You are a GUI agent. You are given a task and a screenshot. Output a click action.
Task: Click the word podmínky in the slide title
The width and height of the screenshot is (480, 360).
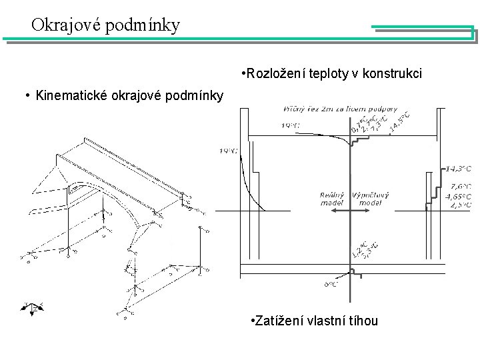tap(145, 26)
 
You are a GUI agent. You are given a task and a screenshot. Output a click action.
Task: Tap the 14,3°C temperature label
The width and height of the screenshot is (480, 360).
tap(458, 168)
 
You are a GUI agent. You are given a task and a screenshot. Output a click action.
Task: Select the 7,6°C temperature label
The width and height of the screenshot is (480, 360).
tap(461, 187)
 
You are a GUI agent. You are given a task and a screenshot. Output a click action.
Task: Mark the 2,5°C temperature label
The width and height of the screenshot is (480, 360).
tap(461, 205)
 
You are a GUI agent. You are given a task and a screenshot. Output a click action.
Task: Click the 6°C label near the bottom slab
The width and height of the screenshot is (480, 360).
tap(331, 285)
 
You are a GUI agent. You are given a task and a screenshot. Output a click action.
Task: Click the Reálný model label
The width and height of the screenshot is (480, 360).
tap(333, 198)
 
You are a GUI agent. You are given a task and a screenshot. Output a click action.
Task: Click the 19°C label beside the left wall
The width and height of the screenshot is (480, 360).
tap(228, 151)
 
